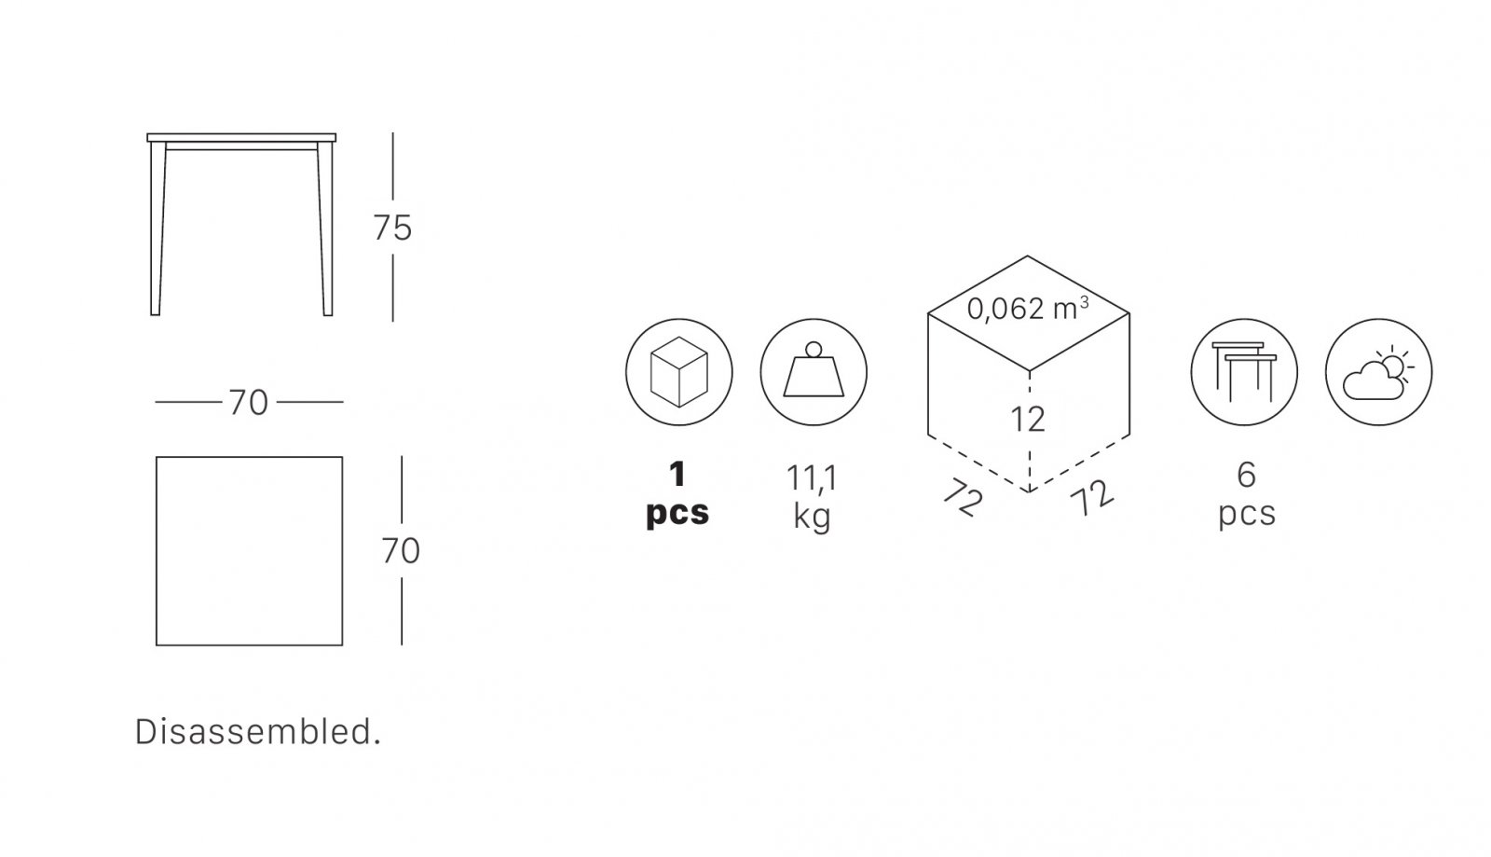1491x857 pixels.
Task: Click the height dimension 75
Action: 392,228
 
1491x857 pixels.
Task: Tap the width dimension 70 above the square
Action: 248,403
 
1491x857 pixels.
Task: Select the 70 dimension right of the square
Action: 401,551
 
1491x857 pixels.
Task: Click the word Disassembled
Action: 257,732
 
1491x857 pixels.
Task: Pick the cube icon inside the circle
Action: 679,371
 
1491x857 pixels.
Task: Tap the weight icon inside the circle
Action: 814,369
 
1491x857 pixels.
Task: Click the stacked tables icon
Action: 1244,372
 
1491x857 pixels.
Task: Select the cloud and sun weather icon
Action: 1378,373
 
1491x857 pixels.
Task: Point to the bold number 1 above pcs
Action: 677,474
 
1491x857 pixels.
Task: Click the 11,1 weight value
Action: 812,478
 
